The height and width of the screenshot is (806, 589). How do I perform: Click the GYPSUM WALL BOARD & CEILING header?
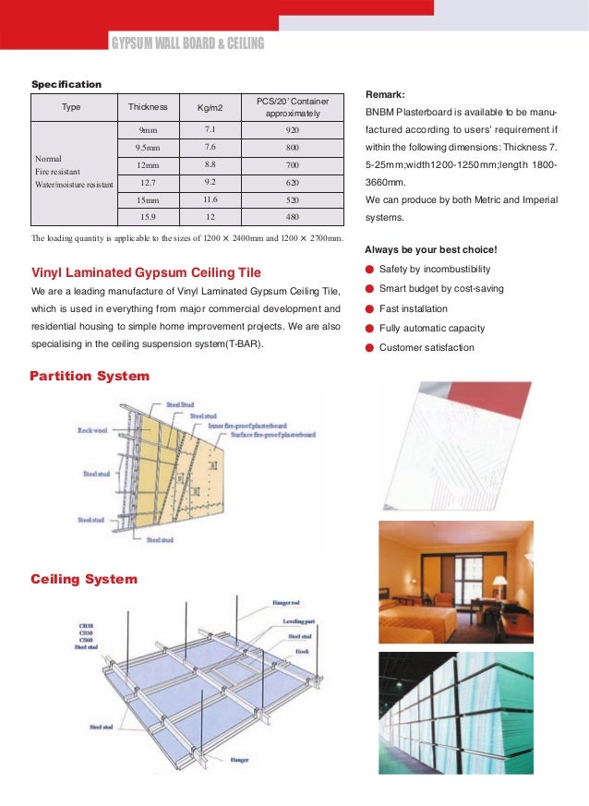187,43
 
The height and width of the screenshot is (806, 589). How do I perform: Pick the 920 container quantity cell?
293,130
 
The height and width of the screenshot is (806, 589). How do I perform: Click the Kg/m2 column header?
210,108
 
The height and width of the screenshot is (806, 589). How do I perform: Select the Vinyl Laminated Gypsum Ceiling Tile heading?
147,272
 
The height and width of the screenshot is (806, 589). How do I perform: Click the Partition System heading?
90,376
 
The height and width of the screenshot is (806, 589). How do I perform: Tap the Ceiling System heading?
84,579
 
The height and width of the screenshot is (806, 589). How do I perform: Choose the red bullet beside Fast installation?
370,308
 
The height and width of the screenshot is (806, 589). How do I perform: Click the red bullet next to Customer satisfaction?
370,348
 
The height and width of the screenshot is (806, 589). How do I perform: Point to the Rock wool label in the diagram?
93,430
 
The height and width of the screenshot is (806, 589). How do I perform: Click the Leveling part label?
301,621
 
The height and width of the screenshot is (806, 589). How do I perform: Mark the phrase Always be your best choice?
431,249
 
